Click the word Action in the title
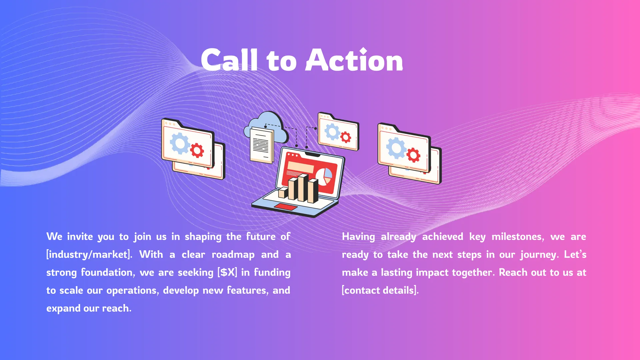click(354, 60)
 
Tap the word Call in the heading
click(229, 60)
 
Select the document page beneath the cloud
click(261, 145)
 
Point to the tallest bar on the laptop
click(303, 188)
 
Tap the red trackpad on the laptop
click(285, 207)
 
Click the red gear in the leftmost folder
click(197, 150)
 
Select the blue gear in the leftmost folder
click(180, 143)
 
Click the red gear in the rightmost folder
click(413, 155)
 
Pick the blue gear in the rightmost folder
click(396, 148)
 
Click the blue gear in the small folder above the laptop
click(332, 132)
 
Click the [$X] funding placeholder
click(227, 272)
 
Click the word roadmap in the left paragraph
click(233, 255)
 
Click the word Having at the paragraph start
click(358, 237)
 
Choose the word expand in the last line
click(63, 309)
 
